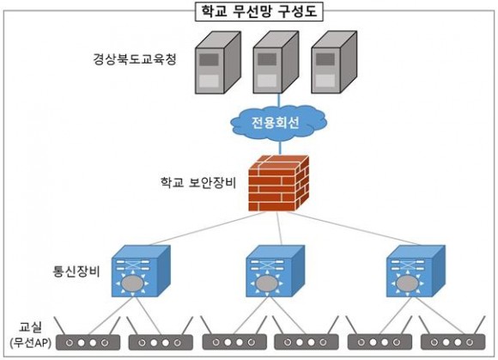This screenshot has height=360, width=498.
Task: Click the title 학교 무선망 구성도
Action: click(x=259, y=11)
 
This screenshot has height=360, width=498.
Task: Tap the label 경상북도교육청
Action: click(x=135, y=59)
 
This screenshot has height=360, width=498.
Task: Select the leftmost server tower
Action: click(x=218, y=63)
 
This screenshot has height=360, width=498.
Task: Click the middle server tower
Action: click(x=276, y=62)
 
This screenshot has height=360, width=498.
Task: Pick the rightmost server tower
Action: click(x=334, y=62)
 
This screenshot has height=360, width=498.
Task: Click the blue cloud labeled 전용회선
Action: click(x=278, y=123)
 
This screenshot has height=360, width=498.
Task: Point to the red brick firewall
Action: click(x=278, y=183)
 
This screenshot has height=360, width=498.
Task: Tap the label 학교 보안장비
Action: click(x=198, y=183)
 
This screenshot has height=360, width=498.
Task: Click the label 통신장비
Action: click(x=76, y=272)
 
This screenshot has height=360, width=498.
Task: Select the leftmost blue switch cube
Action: click(x=141, y=271)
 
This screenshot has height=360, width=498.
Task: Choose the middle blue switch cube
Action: click(x=276, y=271)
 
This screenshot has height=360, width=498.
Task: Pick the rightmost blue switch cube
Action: click(x=416, y=271)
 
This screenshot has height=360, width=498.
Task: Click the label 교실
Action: click(x=31, y=327)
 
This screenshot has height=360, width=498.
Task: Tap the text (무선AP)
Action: click(x=31, y=343)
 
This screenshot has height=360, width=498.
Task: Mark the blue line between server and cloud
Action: click(x=280, y=100)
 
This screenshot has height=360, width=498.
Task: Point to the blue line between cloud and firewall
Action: click(x=280, y=148)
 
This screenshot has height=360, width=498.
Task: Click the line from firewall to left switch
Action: click(x=207, y=229)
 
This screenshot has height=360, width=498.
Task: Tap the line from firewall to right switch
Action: click(x=353, y=229)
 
